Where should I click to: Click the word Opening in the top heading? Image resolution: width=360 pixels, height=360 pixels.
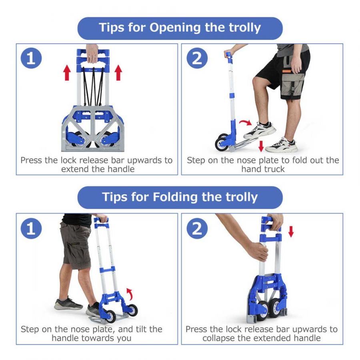175,28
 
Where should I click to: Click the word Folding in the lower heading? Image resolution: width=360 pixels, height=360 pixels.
175,197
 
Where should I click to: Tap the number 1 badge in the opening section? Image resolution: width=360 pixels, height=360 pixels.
31,58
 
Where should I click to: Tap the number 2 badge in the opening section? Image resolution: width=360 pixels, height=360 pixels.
197,58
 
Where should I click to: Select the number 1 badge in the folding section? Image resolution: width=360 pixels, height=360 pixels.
31,228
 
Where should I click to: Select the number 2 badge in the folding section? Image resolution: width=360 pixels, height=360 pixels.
197,228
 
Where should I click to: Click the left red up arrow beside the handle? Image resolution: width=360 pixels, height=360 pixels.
67,72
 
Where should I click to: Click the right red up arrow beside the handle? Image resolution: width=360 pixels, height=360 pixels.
118,72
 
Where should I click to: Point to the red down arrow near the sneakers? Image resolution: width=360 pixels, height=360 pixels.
261,146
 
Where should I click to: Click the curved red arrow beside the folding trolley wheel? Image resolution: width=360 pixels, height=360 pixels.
130,294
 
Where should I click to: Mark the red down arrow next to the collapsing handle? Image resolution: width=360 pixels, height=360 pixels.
291,232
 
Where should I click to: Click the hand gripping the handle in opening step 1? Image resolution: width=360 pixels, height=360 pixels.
92,54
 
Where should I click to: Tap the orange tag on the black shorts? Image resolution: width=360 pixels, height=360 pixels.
287,71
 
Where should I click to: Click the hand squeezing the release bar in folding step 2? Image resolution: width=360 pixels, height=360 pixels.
259,251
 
